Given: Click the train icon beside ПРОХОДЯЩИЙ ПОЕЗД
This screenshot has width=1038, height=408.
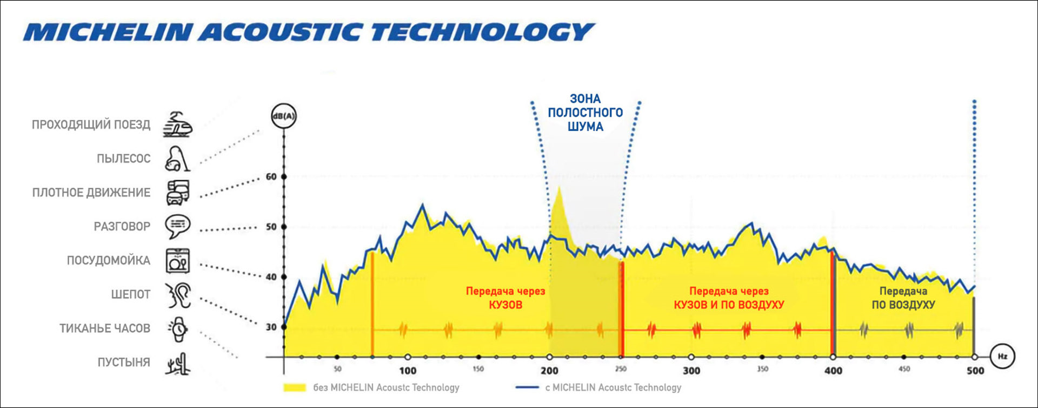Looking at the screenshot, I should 178,124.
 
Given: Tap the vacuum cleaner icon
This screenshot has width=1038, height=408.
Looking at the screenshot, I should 178,159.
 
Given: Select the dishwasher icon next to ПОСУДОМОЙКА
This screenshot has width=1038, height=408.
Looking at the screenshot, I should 178,260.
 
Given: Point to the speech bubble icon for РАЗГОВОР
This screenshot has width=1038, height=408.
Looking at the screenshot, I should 178,226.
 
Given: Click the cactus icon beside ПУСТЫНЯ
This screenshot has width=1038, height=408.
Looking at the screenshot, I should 178,363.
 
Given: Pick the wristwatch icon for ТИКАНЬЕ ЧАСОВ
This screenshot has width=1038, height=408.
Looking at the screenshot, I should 178,328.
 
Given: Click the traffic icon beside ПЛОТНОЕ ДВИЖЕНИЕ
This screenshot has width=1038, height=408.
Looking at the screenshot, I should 178,193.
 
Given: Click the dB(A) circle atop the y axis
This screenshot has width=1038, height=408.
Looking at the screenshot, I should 284,116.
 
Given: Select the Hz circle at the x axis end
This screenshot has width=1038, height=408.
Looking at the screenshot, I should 1002,357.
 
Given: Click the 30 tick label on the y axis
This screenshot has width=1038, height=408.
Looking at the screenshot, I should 271,327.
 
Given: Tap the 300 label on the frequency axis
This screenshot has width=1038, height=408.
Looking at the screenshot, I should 691,371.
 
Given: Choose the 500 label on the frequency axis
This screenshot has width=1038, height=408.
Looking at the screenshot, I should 975,371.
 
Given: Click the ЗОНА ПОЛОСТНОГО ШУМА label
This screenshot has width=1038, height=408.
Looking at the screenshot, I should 585,113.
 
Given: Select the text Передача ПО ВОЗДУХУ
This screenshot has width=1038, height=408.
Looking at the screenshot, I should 903,298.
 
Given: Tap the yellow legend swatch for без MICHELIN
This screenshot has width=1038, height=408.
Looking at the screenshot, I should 295,387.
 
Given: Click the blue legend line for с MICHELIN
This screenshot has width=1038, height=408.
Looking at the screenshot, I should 527,387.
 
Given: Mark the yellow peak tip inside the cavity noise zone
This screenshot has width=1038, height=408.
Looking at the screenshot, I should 559,188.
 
